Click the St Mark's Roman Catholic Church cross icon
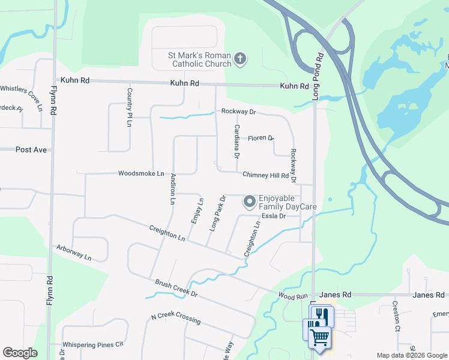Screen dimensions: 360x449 pos(240,59)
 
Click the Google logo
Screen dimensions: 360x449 pos(20,353)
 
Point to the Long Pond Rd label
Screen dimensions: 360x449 pos(318,77)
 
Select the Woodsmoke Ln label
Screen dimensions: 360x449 pos(141,173)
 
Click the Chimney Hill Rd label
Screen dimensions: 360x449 pos(265,175)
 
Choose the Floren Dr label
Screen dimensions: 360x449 pos(261,138)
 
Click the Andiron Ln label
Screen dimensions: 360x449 pos(172,190)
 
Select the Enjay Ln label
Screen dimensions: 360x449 pos(197,211)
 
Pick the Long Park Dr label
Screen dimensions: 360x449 pos(216,213)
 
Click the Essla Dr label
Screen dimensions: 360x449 pos(273,216)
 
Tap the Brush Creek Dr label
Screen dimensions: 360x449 pos(176,288)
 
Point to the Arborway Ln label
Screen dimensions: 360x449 pos(74,253)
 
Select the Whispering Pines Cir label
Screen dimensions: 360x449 pos(95,344)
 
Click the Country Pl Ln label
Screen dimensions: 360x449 pos(129,107)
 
